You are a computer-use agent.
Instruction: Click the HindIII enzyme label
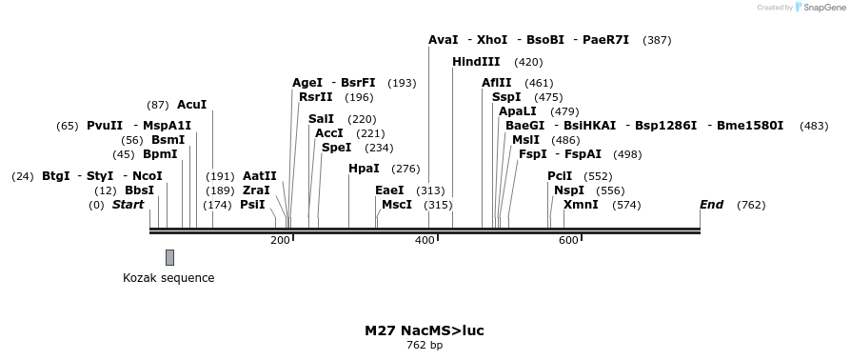pos(476,62)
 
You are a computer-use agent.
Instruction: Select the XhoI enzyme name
pos(492,40)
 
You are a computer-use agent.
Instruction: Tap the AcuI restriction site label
pos(191,105)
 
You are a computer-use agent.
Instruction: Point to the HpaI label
pos(364,169)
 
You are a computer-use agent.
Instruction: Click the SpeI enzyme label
pos(336,148)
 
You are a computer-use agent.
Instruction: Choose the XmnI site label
pos(581,205)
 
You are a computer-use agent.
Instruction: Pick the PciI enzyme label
pos(560,176)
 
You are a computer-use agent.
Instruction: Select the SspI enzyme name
pos(506,97)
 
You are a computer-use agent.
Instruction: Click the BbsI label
pos(139,190)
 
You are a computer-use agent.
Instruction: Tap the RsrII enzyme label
pos(316,97)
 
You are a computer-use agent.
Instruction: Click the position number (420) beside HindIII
pos(528,62)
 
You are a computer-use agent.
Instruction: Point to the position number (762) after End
pos(751,205)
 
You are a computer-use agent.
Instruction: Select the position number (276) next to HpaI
pos(405,169)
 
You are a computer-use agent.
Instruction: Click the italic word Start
pos(128,205)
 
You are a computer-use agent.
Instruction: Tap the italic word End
pos(711,205)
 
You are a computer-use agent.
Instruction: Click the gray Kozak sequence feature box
pos(169,257)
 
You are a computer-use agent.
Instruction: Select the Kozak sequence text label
pos(168,278)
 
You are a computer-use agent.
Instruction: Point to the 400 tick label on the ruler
pos(425,240)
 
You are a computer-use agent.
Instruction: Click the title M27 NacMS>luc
pos(424,330)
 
